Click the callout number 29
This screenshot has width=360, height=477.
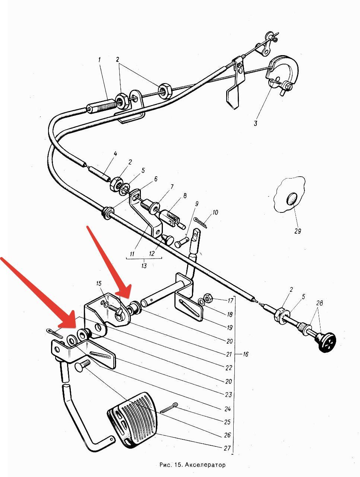coord(298,231)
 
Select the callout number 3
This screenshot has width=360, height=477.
coord(256,123)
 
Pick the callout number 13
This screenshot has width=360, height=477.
coord(144,266)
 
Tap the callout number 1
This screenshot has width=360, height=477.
coord(100,60)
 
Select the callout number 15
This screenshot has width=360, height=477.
coord(99,283)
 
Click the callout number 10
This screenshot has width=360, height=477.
coord(215,212)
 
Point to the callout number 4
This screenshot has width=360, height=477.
coord(116,154)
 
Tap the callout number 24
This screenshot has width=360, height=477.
coord(227,409)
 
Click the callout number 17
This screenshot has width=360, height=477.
coord(230,300)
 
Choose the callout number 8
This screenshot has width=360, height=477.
coord(185,196)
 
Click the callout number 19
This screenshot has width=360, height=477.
coord(230,328)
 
